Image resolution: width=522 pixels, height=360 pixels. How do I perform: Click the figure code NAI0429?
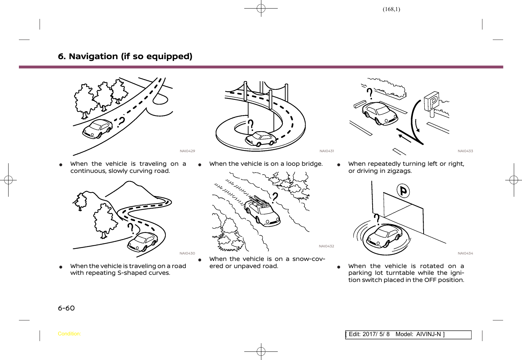[187, 151]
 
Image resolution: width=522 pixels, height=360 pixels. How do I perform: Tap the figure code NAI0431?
[327, 151]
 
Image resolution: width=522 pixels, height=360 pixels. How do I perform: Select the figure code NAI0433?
[465, 151]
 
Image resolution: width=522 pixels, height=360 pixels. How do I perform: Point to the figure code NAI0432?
[326, 246]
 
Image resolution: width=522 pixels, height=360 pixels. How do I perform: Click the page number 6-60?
[66, 308]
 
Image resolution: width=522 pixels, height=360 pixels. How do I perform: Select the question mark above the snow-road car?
[275, 197]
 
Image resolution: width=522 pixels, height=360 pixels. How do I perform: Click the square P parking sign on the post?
[432, 101]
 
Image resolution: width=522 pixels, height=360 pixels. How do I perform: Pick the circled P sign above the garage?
[403, 191]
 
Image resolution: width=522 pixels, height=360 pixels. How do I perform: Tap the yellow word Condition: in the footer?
[69, 334]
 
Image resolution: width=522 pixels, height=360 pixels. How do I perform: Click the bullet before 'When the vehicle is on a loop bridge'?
[200, 165]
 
